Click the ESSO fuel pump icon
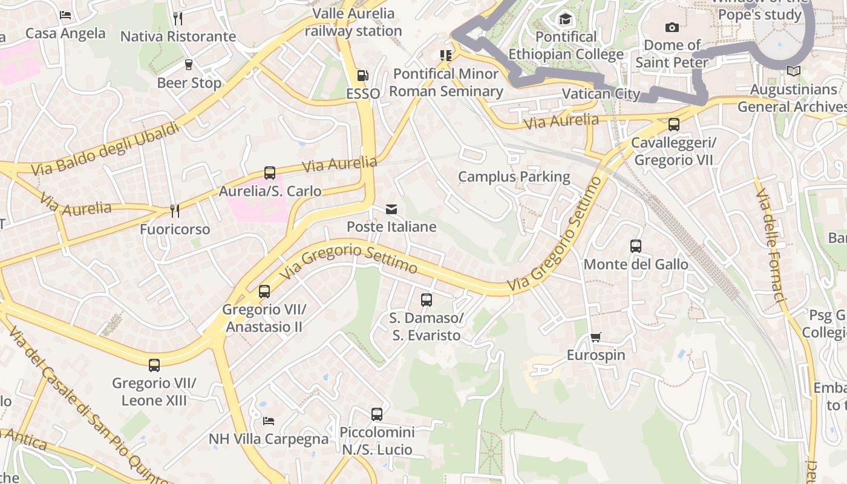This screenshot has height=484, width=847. tap(362, 76)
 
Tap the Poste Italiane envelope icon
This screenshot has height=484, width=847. tap(391, 209)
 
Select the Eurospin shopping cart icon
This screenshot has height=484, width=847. tap(596, 337)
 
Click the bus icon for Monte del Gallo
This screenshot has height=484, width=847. tap(635, 246)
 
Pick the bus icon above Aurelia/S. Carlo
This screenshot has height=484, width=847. tap(270, 173)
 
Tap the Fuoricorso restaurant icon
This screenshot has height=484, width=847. tap(174, 211)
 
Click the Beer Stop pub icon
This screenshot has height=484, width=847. tap(189, 65)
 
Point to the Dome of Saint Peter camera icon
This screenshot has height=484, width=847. tap(672, 27)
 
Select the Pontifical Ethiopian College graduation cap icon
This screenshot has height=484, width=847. tap(565, 19)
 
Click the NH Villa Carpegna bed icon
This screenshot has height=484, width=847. tap(269, 420)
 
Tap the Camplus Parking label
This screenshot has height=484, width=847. tap(514, 177)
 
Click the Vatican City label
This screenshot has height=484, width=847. tap(601, 94)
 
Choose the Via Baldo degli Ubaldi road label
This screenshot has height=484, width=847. tap(106, 149)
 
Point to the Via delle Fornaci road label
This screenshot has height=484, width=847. tap(771, 246)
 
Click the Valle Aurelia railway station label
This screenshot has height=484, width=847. tap(353, 22)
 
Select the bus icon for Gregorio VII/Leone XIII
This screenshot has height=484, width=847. tap(154, 365)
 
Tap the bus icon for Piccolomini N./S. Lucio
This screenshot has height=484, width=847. tap(377, 414)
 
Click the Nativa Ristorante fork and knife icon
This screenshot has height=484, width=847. tap(178, 18)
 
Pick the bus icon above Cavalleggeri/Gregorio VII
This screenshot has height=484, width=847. tap(673, 125)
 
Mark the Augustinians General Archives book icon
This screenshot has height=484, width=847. tap(793, 71)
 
